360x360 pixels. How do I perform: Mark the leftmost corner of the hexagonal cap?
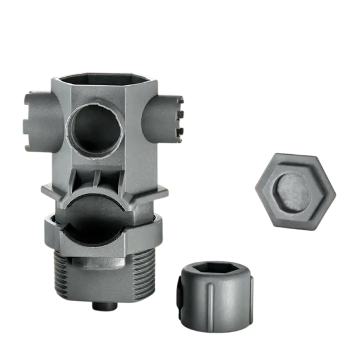[256, 190]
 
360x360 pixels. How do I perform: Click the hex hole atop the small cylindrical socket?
[215, 270]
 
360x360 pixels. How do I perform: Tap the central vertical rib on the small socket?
[212, 300]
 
